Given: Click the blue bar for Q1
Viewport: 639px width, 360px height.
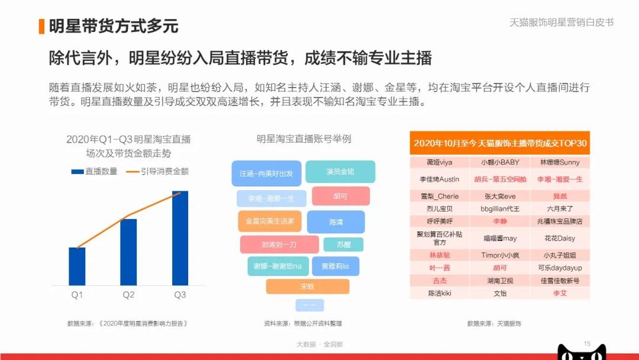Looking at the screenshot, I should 77,266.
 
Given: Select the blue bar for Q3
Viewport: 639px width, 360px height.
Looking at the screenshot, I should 180,238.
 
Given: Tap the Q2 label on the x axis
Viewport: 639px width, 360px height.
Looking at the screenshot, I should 128,295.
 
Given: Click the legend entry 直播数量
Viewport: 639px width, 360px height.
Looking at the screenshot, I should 95,171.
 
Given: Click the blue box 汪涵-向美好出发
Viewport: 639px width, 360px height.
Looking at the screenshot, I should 266,173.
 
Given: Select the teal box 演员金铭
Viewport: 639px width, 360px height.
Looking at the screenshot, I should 340,171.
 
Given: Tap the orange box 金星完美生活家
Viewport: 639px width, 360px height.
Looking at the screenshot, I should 270,221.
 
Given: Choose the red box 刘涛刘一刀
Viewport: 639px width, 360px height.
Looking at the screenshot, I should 279,244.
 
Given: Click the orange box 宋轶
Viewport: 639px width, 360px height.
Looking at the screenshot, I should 307,287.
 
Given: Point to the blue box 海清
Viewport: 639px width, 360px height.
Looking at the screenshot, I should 335,222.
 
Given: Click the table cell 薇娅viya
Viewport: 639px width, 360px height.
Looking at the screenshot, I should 440,162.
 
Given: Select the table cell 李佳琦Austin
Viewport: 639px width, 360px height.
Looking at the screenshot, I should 440,179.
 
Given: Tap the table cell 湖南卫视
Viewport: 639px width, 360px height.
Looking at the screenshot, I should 500,281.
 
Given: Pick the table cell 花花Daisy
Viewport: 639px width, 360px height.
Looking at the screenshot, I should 560,238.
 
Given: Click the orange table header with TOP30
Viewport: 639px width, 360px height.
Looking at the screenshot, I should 500,143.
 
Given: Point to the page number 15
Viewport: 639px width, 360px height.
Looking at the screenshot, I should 587,343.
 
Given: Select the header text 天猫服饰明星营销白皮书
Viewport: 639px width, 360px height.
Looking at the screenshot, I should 561,22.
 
